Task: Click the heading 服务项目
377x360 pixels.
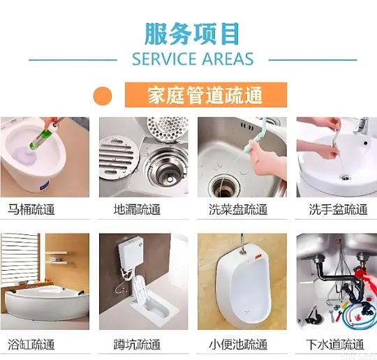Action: pyautogui.click(x=192, y=33)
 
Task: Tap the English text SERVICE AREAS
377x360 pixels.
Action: pyautogui.click(x=193, y=59)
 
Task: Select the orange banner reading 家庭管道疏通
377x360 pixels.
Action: pyautogui.click(x=206, y=95)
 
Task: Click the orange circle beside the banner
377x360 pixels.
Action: pyautogui.click(x=103, y=96)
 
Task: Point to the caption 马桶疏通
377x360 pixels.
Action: pyautogui.click(x=31, y=209)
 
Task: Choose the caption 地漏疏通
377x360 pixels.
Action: pyautogui.click(x=137, y=209)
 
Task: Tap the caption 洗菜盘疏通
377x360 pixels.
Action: pyautogui.click(x=238, y=209)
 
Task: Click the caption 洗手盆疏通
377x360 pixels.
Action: pyautogui.click(x=339, y=209)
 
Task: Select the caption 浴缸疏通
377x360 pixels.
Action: pyautogui.click(x=31, y=344)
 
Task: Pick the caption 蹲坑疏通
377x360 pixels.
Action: pyautogui.click(x=137, y=344)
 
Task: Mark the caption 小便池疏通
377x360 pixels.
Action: pyautogui.click(x=238, y=344)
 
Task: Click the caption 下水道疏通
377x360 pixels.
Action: pyautogui.click(x=335, y=344)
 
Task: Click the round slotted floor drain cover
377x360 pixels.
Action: pyautogui.click(x=119, y=158)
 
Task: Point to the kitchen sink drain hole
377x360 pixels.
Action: pyautogui.click(x=224, y=185)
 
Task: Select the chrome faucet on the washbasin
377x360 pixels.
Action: pyautogui.click(x=361, y=127)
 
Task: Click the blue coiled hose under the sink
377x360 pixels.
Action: pyautogui.click(x=358, y=315)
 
